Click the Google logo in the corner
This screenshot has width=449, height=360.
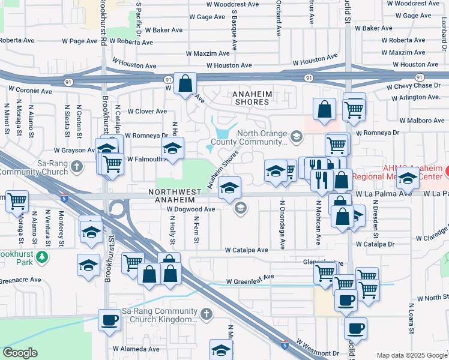click(x=20, y=353)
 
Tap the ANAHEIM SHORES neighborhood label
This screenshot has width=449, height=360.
click(x=252, y=98)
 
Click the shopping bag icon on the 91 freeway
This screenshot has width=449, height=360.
click(x=185, y=84)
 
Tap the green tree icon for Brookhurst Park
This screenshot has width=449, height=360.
click(x=41, y=257)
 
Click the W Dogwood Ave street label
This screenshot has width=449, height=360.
click(x=191, y=209)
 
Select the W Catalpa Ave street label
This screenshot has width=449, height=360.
click(x=246, y=250)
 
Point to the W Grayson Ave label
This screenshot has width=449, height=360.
click(x=74, y=151)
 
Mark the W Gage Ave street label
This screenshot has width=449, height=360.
click(x=208, y=19)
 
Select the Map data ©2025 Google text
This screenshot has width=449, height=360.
click(x=411, y=355)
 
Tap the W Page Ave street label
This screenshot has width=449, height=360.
click(x=79, y=41)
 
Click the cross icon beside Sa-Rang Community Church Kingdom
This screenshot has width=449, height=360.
click(x=206, y=314)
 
